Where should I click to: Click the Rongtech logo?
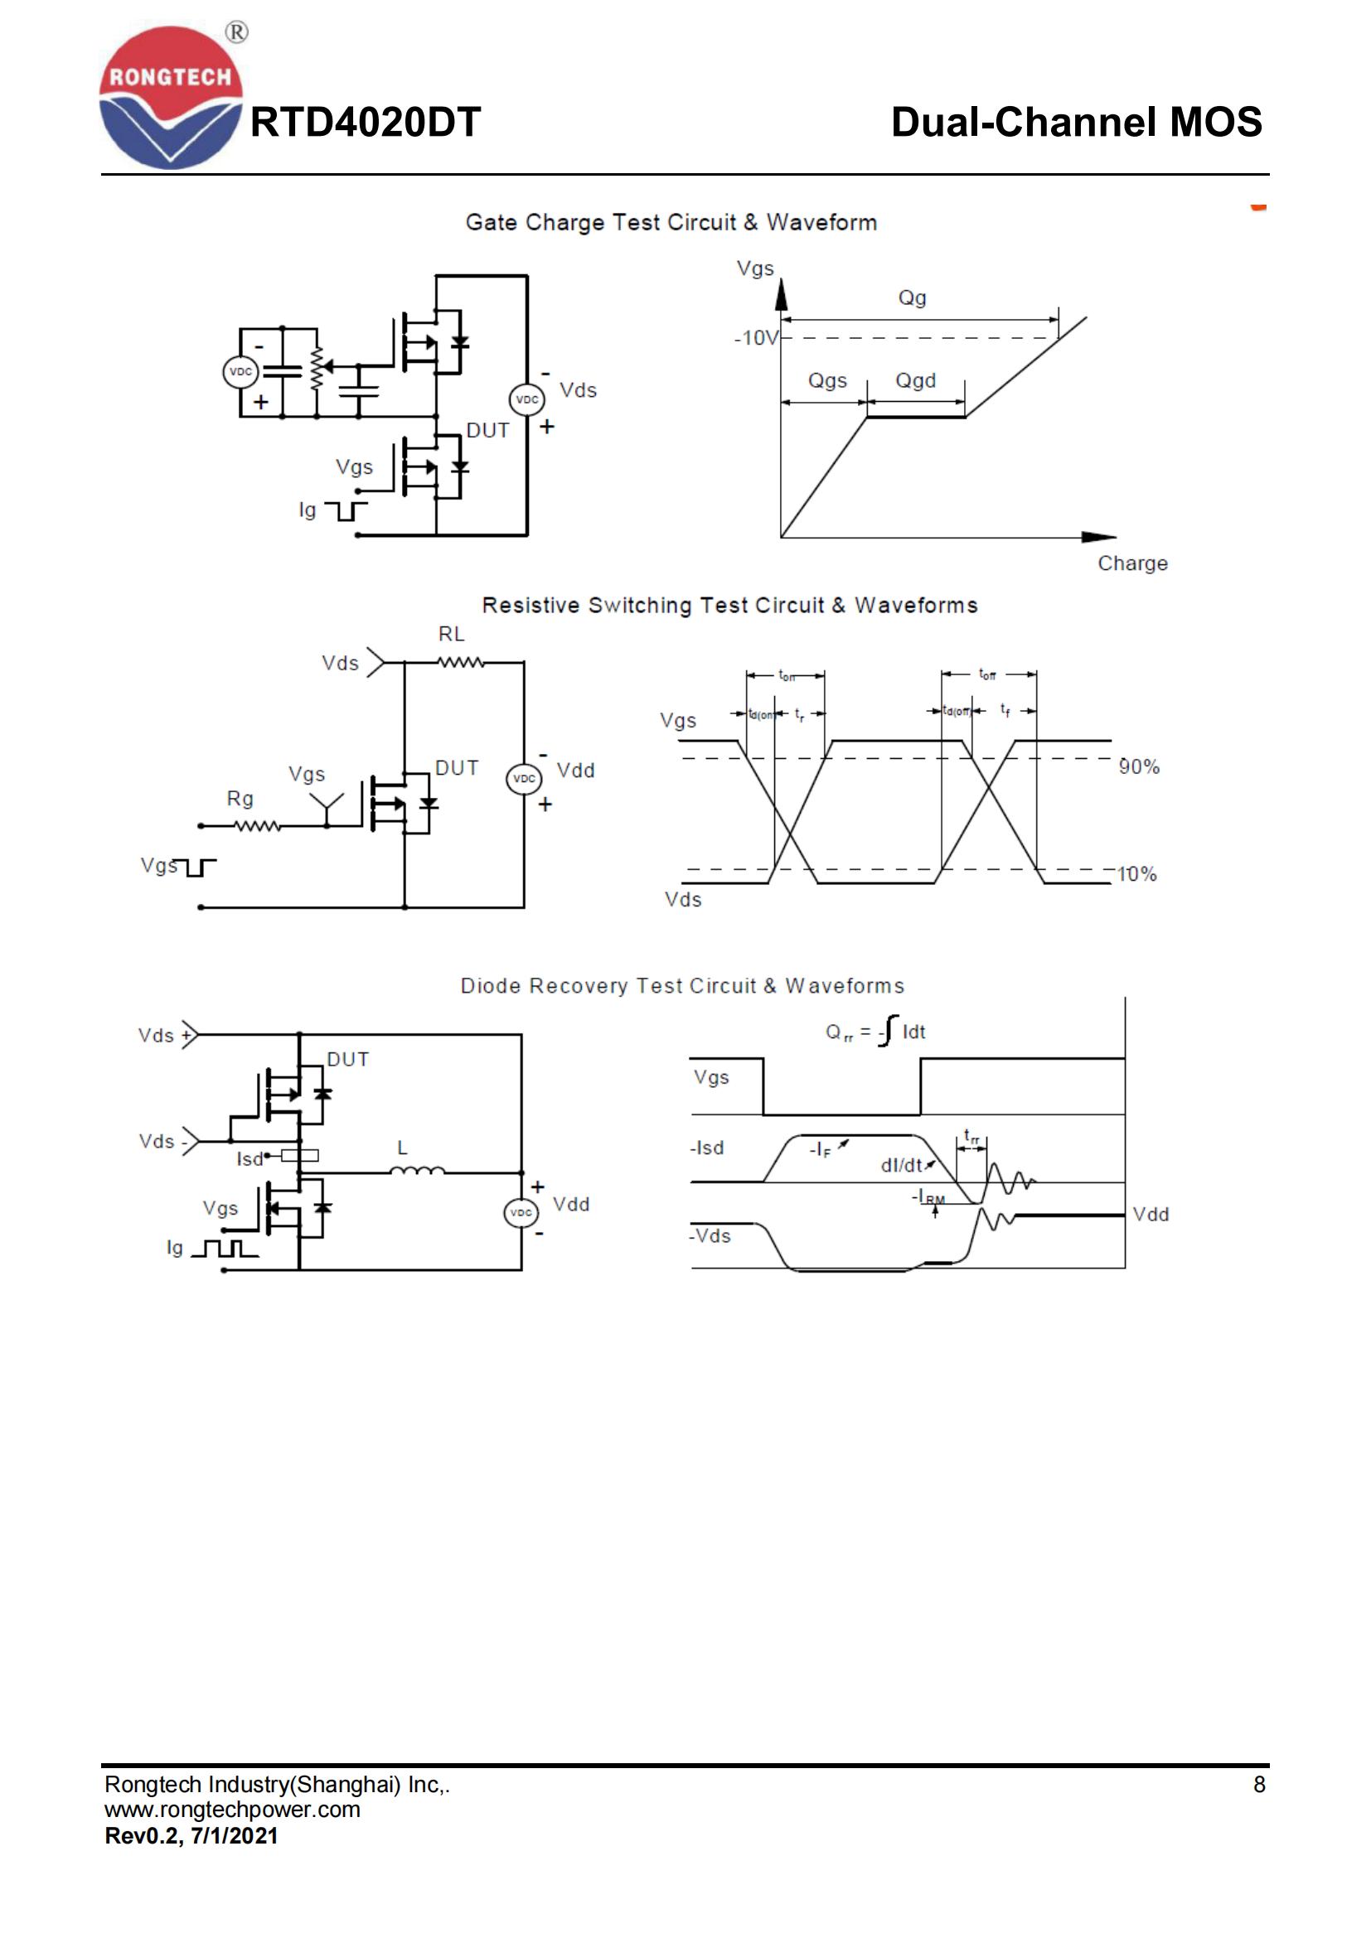(171, 97)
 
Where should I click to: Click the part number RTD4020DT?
(365, 123)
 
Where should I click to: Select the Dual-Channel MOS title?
(1076, 123)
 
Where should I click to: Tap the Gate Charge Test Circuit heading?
(671, 222)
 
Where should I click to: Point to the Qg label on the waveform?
(912, 298)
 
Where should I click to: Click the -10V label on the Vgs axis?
(756, 339)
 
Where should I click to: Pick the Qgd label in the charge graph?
(916, 380)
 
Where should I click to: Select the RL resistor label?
(452, 634)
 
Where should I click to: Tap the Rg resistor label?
(240, 799)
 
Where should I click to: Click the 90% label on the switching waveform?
(1139, 766)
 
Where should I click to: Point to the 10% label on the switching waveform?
(1137, 874)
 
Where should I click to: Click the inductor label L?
(403, 1148)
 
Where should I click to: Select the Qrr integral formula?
(875, 1032)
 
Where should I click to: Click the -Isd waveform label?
(707, 1148)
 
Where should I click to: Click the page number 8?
(1259, 1785)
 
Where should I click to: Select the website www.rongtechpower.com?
(232, 1810)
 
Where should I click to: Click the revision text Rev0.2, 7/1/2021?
(191, 1836)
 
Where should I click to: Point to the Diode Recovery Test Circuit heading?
(682, 986)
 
